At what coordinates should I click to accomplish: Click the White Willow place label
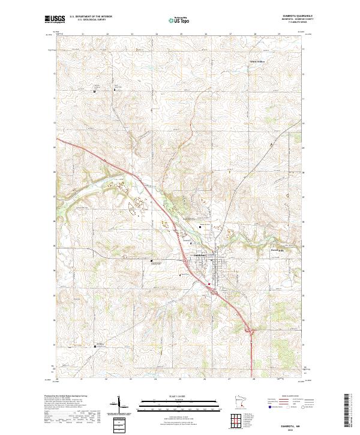click(x=257, y=61)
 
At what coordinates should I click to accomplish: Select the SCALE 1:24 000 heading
click(x=179, y=395)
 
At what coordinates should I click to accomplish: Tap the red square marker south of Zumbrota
click(x=208, y=284)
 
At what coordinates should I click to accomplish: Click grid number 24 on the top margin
click(x=156, y=34)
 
